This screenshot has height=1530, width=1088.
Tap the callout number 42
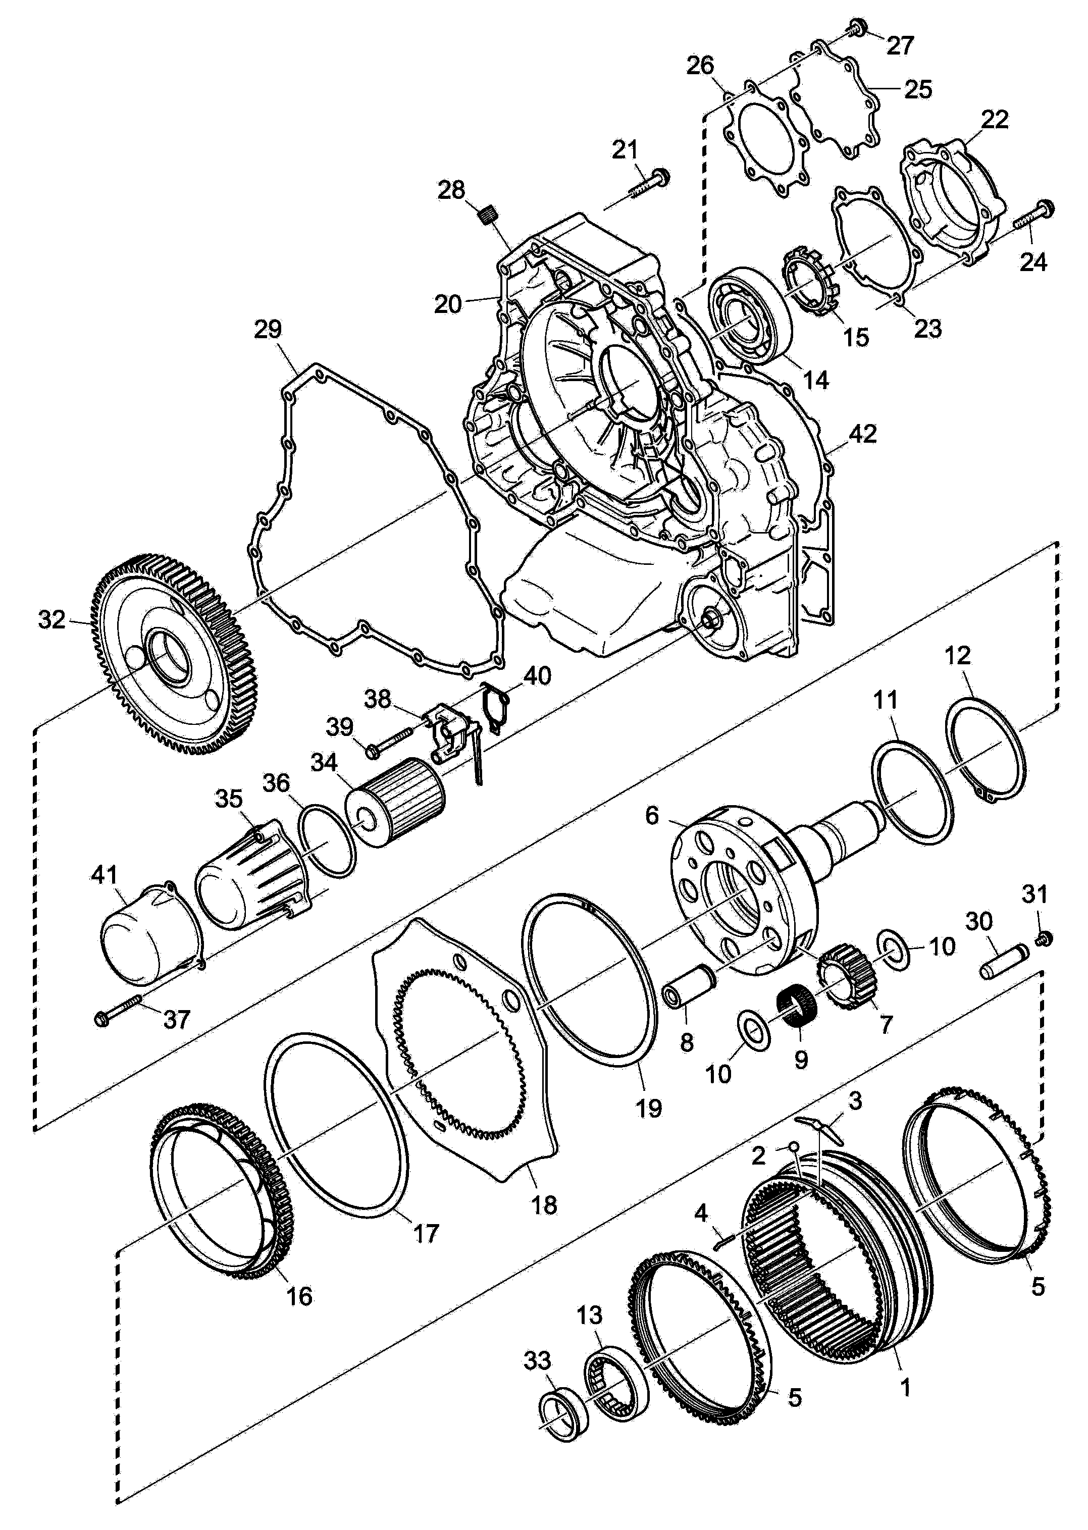[862, 434]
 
